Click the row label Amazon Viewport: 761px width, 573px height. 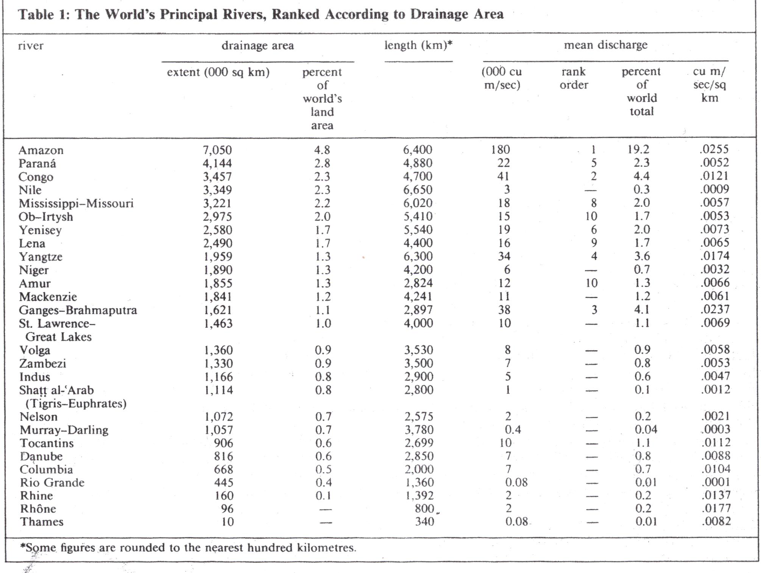(x=41, y=150)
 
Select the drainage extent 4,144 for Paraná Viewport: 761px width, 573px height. (x=217, y=163)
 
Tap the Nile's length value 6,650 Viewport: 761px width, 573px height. (x=418, y=190)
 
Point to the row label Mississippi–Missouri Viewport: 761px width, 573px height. (x=76, y=204)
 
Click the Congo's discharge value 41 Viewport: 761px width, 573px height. (x=503, y=176)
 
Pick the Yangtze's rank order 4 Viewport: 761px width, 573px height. (x=594, y=256)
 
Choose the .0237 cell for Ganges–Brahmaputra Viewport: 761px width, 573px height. (x=714, y=310)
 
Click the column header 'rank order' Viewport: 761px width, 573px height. (x=574, y=78)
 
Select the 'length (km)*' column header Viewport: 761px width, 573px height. (x=418, y=45)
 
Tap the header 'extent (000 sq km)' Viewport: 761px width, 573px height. (x=218, y=72)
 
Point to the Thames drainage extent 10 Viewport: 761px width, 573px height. (x=228, y=522)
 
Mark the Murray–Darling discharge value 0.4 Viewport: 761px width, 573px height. (x=513, y=430)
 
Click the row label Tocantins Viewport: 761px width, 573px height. (x=47, y=443)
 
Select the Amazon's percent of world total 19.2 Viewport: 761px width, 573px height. (x=638, y=149)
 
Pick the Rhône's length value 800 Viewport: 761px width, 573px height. (x=424, y=508)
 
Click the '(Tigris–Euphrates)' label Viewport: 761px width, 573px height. (x=76, y=403)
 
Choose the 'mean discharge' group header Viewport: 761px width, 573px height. (x=606, y=45)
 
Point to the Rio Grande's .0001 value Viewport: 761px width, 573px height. (x=715, y=482)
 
